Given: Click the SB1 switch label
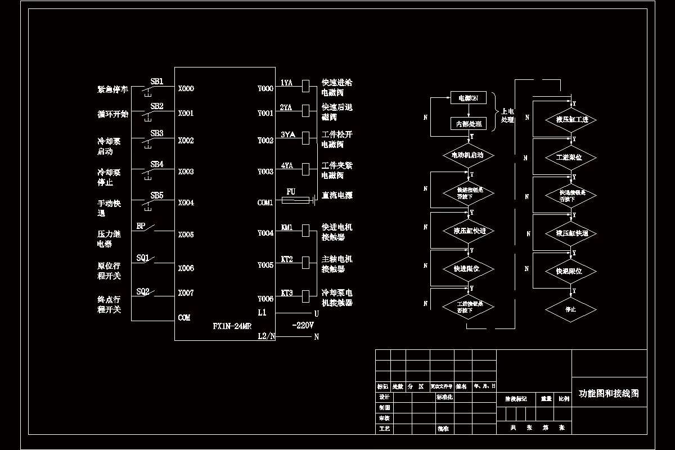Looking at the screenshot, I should pos(157,82).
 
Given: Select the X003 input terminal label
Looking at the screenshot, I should pos(186,172).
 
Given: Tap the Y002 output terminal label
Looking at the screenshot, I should pos(265,141).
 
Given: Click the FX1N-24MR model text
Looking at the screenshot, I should pos(232,326).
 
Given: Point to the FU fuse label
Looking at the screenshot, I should pos(291,192).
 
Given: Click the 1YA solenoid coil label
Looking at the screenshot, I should pos(286,83).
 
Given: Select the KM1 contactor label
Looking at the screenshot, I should pos(287,228).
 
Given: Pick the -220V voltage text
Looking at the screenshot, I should pos(303,326).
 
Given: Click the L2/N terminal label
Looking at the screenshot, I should pos(267,336).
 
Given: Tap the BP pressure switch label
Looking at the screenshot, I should pos(141,226).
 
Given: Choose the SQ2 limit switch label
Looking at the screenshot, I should pos(143,291).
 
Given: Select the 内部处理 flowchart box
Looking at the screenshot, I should pos(468,124).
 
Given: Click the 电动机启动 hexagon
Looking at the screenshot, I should pos(468,155).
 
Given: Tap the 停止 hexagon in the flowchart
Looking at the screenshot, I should pos(571,309).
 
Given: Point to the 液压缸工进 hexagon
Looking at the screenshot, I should pos(571,120).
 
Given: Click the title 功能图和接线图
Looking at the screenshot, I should pos(609,394).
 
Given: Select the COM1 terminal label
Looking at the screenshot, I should pos(265,202).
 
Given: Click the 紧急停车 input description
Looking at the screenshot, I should pos(113,89).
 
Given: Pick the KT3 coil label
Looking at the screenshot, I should pos(287,293).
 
